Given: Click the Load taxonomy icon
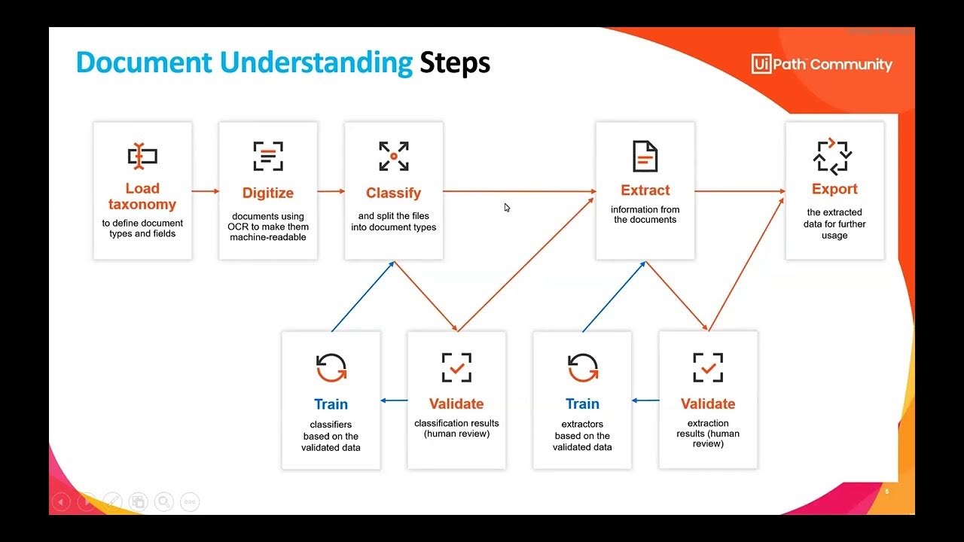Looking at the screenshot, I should click(142, 156).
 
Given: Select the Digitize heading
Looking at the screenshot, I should click(268, 193).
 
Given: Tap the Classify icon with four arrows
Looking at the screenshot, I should click(393, 156).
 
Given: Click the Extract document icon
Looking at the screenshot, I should click(645, 156).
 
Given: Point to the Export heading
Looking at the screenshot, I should click(834, 189).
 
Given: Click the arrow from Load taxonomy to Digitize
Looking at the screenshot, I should click(205, 191).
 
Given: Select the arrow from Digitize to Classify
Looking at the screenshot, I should click(331, 191).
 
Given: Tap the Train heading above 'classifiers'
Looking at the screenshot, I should click(331, 404).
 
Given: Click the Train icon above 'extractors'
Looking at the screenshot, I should click(582, 368).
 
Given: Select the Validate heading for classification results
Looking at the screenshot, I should click(456, 404).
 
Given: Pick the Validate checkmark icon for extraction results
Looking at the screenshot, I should click(708, 368).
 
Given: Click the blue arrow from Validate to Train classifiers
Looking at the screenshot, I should click(394, 400).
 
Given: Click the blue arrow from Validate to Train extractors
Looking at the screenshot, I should click(645, 400).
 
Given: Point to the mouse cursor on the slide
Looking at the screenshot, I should click(507, 208).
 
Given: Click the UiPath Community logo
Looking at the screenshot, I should click(822, 64).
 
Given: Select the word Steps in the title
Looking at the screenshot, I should click(455, 62).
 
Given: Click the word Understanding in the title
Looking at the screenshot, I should click(316, 62).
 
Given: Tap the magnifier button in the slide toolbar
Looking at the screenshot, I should click(163, 501).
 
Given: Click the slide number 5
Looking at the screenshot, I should click(886, 492).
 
